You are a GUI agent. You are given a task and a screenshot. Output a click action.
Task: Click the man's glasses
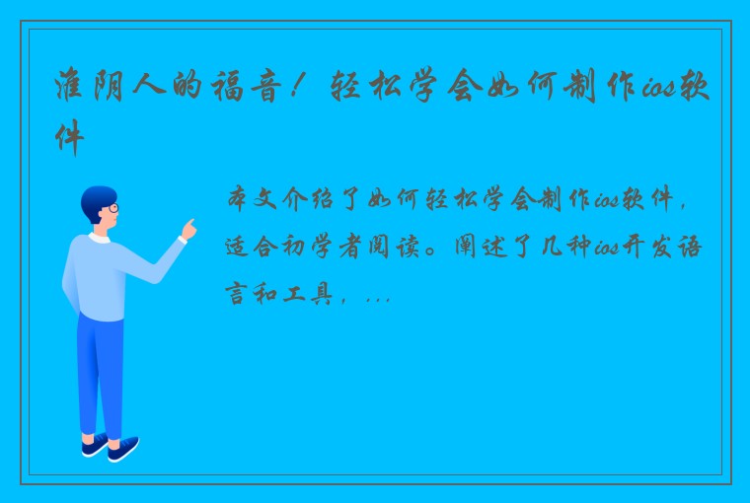112,208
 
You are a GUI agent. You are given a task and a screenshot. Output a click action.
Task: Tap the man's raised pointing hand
187,230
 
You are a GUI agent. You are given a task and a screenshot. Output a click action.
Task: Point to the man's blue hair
97,197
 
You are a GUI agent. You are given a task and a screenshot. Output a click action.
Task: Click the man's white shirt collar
100,238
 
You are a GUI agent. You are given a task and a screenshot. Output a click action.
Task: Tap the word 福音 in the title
247,88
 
